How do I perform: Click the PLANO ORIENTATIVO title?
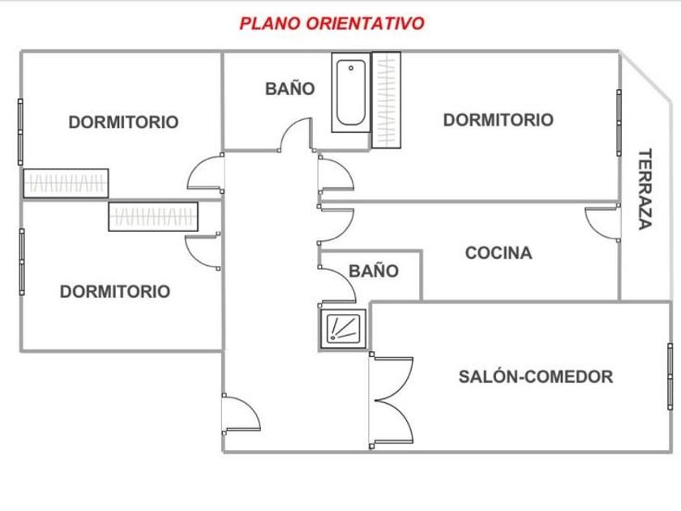(332, 24)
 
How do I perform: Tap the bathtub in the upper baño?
(349, 94)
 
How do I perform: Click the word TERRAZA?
(645, 188)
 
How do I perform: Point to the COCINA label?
(499, 253)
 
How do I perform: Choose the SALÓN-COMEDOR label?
(535, 376)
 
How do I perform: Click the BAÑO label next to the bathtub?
(289, 88)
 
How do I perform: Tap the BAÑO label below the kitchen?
(374, 271)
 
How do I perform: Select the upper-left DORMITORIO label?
(123, 122)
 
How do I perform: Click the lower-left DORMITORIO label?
(115, 291)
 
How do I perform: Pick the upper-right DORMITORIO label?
(498, 120)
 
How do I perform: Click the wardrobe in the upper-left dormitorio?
(66, 183)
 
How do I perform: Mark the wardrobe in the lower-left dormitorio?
(153, 217)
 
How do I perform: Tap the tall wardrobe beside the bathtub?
(386, 100)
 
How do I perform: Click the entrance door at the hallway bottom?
(241, 414)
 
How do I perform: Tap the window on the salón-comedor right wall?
(670, 376)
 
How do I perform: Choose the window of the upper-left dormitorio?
(21, 131)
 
